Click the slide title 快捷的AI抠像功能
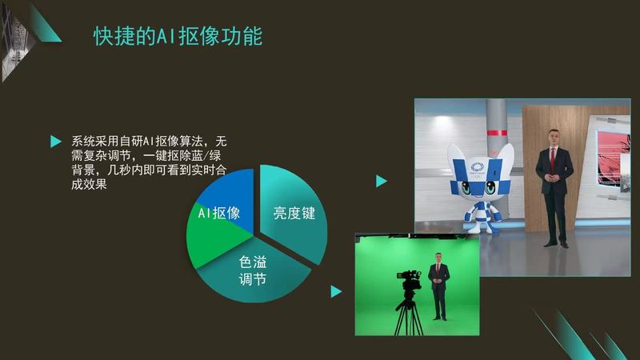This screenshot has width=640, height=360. point(178,36)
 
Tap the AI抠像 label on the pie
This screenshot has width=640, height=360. point(219,213)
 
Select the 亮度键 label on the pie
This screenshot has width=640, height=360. point(294,213)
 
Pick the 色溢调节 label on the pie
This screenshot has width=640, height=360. point(253,270)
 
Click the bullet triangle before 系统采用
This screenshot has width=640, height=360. point(56,142)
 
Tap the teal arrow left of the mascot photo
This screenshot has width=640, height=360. point(382,181)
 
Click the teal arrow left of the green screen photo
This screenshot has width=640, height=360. point(336,291)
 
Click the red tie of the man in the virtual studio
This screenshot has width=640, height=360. point(553,158)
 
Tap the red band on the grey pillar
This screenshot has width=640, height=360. point(497,132)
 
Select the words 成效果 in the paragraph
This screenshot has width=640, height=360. point(89,184)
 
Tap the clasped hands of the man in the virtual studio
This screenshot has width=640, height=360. point(552,178)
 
